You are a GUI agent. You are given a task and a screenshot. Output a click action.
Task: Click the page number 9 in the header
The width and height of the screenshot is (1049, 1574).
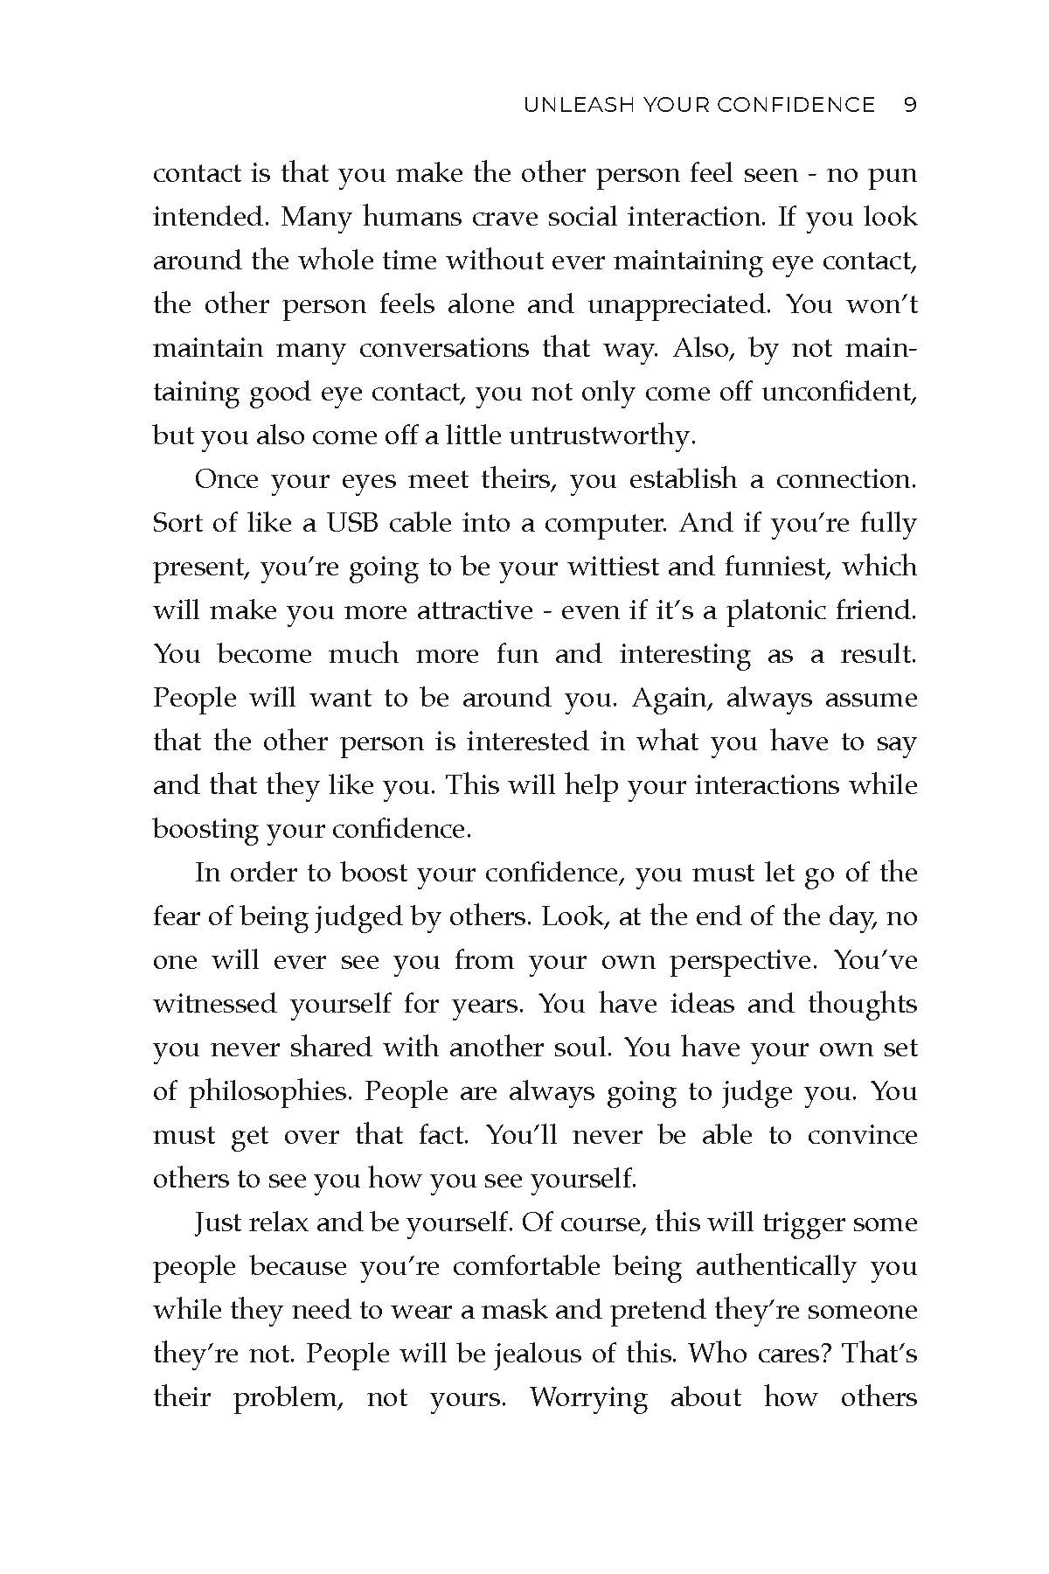pos(909,106)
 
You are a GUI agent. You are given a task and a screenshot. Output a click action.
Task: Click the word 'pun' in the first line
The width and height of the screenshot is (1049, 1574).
pos(891,174)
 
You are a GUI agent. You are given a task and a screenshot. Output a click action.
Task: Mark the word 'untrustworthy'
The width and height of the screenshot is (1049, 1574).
pos(611,435)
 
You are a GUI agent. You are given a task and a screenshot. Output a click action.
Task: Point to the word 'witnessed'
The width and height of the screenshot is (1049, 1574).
pos(214,1004)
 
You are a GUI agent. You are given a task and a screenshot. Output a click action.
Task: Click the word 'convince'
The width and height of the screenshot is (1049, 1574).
pos(862,1135)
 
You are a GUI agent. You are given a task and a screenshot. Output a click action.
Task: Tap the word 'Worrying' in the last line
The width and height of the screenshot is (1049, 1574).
pos(588,1397)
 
